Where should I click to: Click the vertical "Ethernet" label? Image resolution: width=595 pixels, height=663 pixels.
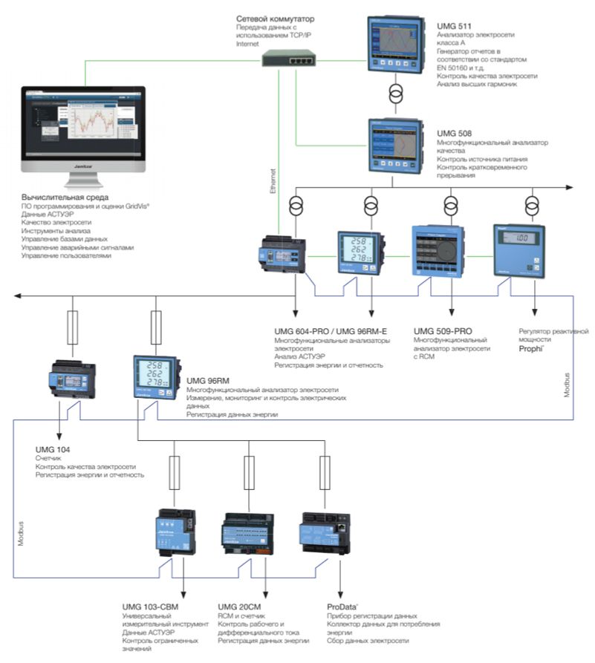tap(273, 181)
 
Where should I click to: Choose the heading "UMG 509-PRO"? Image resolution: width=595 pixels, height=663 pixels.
tap(443, 331)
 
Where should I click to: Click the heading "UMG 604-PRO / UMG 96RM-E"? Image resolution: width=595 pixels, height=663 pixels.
tap(331, 331)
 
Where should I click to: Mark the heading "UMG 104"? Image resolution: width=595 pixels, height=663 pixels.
tap(52, 450)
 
